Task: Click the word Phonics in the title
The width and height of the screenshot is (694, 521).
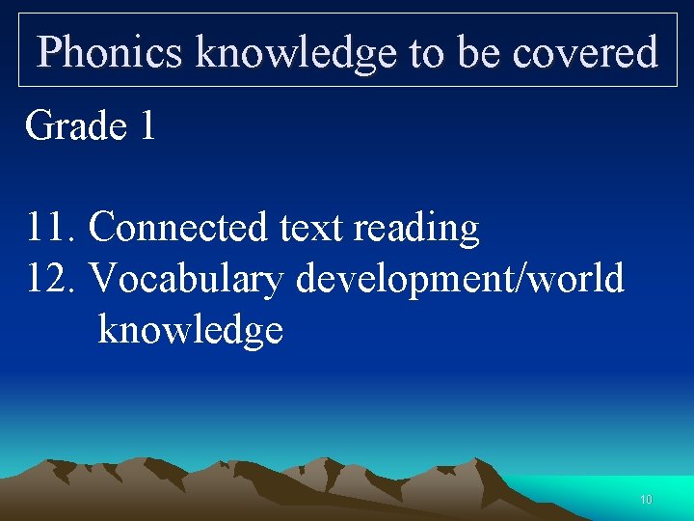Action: (x=110, y=52)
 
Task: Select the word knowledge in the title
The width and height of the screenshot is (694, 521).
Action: (x=295, y=52)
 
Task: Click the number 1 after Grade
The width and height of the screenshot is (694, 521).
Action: (x=147, y=125)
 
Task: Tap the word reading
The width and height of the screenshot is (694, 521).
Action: (x=416, y=228)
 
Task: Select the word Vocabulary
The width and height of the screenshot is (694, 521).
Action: (x=187, y=279)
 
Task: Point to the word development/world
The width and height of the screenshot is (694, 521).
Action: (x=460, y=279)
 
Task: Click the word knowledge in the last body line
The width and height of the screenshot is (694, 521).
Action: (x=190, y=330)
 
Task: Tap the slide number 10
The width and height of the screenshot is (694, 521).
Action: (x=646, y=500)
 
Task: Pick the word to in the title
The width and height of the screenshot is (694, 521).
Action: (x=425, y=52)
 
